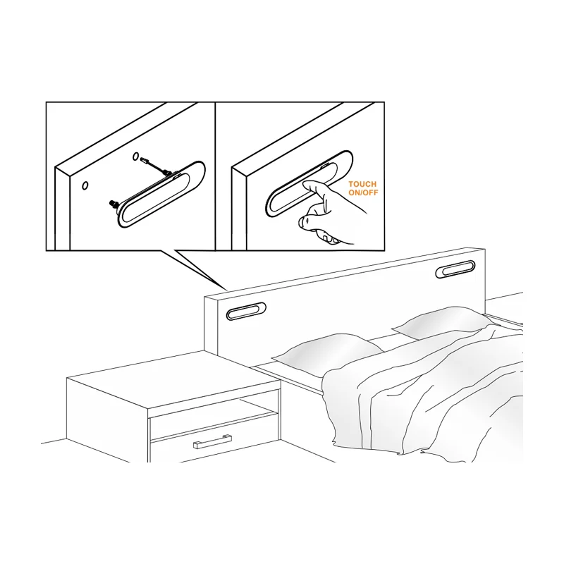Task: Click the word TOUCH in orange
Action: tap(362, 185)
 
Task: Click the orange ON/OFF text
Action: tap(363, 192)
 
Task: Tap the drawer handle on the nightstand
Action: tap(213, 441)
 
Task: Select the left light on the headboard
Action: tap(246, 311)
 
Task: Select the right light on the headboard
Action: tap(455, 269)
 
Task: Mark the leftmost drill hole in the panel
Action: tap(85, 185)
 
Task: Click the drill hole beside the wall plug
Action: tap(135, 157)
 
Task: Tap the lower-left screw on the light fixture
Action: tap(114, 204)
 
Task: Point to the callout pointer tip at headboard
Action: tap(228, 290)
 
